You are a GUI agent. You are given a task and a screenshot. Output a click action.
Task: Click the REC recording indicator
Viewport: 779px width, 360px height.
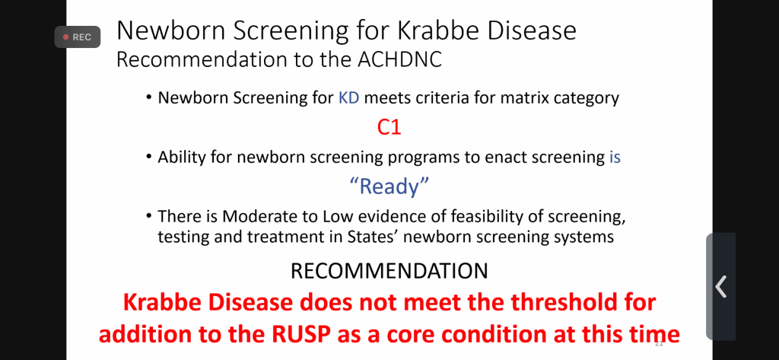click(78, 37)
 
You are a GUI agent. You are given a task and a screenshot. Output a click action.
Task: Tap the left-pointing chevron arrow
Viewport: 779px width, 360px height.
click(721, 286)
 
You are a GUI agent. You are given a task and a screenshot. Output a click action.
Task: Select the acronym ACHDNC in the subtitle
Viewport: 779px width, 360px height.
click(400, 59)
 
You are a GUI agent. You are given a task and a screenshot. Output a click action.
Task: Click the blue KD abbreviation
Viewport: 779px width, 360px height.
click(349, 97)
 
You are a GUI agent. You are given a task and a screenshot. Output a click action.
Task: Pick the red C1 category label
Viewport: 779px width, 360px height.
click(389, 128)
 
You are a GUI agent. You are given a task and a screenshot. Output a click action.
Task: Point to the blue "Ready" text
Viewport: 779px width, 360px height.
click(389, 186)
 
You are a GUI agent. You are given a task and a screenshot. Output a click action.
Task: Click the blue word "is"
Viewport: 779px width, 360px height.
click(615, 157)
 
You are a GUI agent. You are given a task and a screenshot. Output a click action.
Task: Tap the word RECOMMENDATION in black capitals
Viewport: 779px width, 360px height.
click(389, 271)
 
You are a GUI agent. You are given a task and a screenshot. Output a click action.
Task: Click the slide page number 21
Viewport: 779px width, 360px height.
click(660, 343)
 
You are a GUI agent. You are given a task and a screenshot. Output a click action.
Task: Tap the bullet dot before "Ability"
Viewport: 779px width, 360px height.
click(149, 158)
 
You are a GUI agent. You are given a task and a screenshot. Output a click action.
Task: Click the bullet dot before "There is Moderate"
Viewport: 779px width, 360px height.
click(149, 217)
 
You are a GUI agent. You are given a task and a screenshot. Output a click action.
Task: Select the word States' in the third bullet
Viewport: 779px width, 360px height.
click(370, 237)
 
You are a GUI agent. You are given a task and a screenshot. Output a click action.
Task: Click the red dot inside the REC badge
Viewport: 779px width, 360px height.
click(65, 37)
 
